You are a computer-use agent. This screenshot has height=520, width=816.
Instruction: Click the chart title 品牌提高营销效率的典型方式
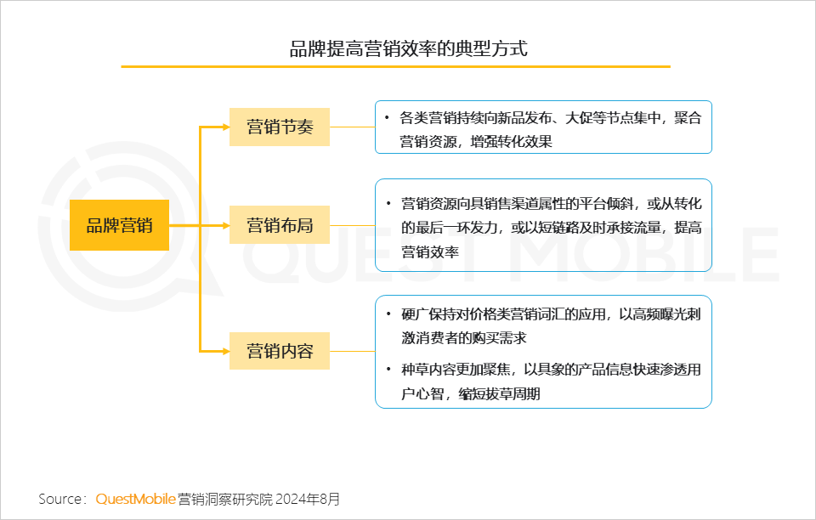[409, 48]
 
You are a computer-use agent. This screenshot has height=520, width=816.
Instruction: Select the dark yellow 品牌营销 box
[119, 225]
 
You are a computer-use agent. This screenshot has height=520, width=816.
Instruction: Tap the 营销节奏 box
[280, 127]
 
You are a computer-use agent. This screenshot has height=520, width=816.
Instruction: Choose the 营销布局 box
[280, 225]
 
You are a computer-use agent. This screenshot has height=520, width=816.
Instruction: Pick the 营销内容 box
[280, 351]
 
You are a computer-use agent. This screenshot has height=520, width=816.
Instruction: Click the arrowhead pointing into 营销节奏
[226, 127]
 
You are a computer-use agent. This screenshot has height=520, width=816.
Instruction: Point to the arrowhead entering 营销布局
[226, 225]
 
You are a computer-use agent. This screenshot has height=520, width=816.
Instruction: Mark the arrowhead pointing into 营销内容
[226, 351]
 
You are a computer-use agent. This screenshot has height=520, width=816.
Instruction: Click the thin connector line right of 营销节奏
[352, 127]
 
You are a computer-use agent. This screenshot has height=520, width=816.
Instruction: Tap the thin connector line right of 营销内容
[352, 351]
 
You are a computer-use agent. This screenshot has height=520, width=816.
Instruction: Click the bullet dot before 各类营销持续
[387, 117]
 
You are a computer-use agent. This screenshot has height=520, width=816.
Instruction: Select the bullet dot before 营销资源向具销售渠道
[388, 203]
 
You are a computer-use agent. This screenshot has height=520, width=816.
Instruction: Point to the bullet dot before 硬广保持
[388, 314]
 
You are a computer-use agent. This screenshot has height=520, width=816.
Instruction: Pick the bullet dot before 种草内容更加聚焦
[388, 370]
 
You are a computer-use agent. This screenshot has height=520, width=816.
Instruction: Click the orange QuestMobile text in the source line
[135, 500]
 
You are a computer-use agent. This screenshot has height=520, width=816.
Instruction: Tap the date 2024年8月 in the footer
[308, 500]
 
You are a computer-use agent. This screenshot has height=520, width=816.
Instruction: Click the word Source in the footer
[59, 500]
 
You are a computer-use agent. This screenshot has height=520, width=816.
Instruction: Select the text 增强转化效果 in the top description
[511, 141]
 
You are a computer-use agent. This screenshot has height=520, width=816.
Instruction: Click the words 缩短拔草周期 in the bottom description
[499, 393]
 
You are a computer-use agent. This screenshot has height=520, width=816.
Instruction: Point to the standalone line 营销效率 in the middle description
[430, 252]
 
